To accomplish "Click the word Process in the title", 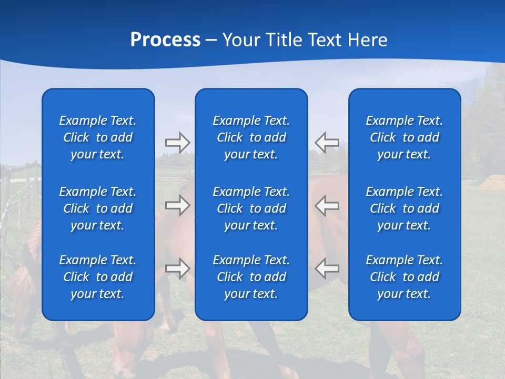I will (165, 40).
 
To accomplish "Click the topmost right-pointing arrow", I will (178, 142).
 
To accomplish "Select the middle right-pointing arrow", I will (178, 205).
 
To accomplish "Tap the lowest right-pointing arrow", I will (178, 268).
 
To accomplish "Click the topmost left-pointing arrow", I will (327, 142).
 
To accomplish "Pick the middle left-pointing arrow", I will (327, 205).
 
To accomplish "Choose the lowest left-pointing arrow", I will (327, 268).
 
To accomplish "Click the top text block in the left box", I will (98, 137).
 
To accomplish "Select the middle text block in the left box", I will (98, 208).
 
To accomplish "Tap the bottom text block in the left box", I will (98, 277).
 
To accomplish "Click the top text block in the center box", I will (251, 137).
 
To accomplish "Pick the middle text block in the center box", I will (251, 208).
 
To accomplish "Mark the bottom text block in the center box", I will (251, 277).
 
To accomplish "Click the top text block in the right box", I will (405, 137).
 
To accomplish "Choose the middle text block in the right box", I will (405, 208).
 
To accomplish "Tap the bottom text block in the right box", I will (405, 277).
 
